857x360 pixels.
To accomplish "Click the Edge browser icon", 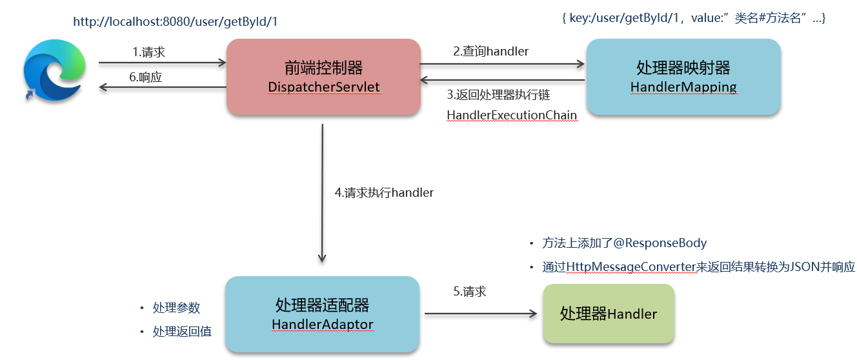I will point(54,70).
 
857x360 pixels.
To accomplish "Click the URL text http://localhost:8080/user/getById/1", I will point(176,22).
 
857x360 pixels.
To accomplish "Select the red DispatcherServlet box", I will point(323,77).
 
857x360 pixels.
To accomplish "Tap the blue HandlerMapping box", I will point(683,77).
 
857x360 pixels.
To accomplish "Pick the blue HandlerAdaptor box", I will point(322,314).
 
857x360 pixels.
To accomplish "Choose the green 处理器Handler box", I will point(608,314).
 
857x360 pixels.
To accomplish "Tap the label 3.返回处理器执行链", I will point(498,95).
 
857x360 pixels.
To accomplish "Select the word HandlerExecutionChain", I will point(512,114).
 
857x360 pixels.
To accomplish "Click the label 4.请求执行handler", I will point(384,192).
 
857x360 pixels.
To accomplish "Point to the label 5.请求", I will point(469,292).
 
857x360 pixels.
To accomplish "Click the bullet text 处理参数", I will point(176,308).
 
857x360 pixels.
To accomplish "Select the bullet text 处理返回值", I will point(182,332).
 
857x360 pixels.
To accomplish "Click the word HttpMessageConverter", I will point(621,267).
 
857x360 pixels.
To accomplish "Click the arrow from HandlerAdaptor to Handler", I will point(480,314).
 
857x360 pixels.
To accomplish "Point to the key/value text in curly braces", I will point(694,19).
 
